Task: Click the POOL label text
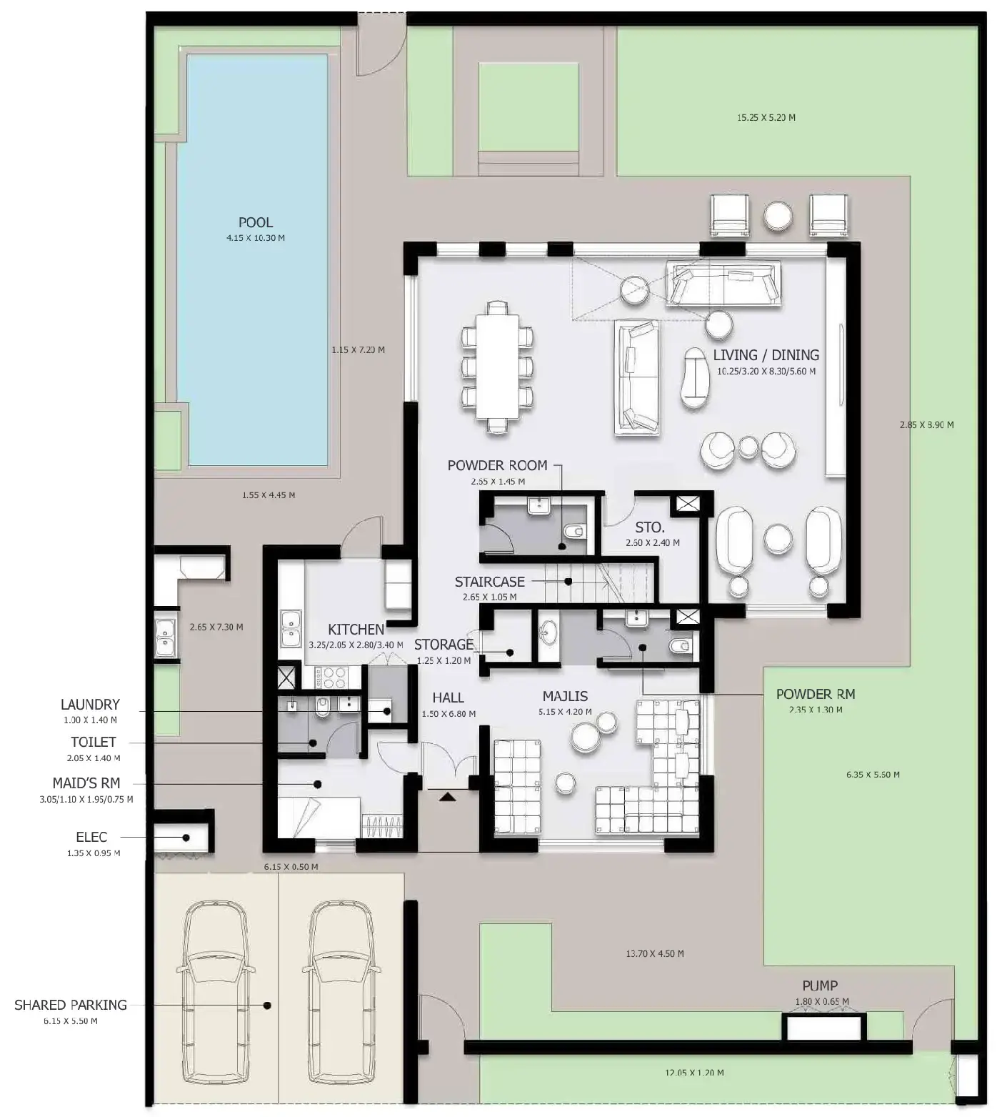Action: click(x=255, y=222)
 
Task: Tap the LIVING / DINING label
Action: click(x=766, y=354)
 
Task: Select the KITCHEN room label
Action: click(x=356, y=630)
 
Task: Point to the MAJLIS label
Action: click(x=565, y=696)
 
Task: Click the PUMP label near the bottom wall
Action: click(x=819, y=986)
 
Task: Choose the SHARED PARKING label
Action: click(x=71, y=1005)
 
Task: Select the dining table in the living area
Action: click(x=497, y=367)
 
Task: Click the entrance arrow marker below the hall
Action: click(x=447, y=795)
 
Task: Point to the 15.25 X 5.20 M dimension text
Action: click(x=766, y=117)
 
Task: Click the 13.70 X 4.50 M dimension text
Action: click(x=654, y=953)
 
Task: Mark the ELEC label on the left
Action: click(x=91, y=837)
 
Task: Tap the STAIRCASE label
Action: click(x=489, y=582)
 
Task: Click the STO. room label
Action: click(x=649, y=527)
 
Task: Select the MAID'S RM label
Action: click(x=86, y=783)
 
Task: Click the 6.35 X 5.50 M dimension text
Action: click(x=873, y=774)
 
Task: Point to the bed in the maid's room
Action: click(x=318, y=817)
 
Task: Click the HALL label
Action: click(x=448, y=697)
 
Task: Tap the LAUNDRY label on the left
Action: click(x=90, y=705)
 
